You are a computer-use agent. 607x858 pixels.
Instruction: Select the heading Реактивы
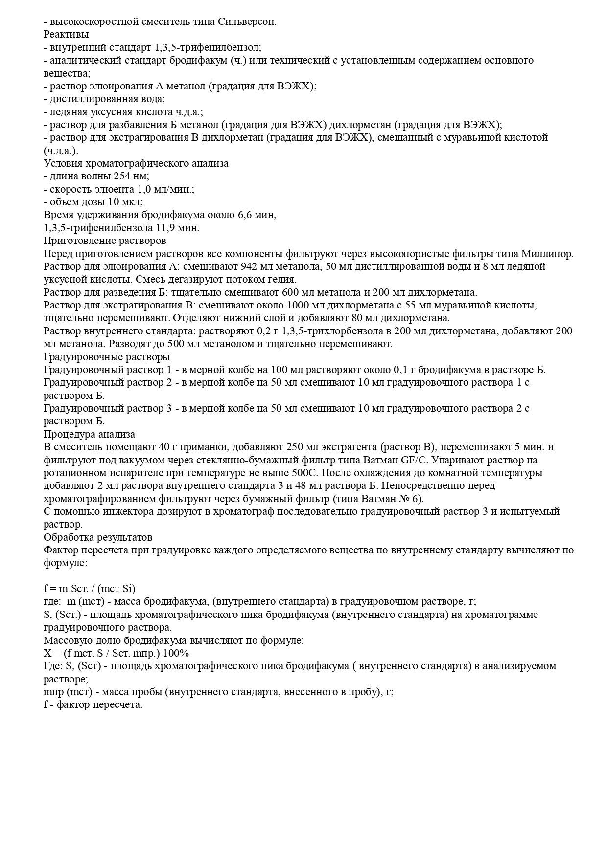coord(66,35)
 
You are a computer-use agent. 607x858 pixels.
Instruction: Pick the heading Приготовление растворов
coord(105,241)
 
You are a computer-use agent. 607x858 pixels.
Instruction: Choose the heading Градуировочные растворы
coord(107,356)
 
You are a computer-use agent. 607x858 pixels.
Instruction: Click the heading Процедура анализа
coord(89,434)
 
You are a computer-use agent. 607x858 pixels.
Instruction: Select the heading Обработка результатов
coord(98,537)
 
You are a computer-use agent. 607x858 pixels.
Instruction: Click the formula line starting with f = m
coord(90,589)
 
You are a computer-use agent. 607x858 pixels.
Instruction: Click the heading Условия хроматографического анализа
coord(136,163)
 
